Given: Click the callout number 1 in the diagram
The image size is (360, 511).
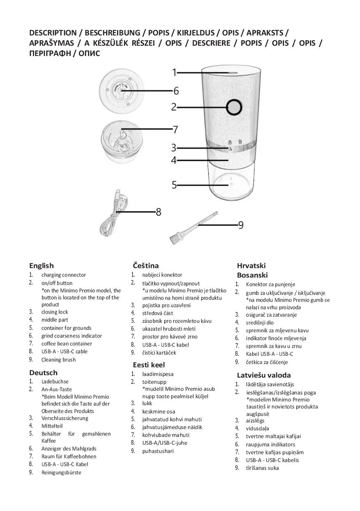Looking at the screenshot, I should coord(174,72).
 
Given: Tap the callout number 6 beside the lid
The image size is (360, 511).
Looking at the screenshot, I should coord(176,91).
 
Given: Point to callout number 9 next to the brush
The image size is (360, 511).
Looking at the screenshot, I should coord(241,225).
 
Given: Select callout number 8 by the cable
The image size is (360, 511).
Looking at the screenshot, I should coord(158,212).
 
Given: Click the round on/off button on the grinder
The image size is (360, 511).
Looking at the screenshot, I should coord(234,107).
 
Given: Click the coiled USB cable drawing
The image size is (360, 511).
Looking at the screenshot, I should coord(112,214).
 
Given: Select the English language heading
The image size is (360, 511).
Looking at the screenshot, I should coord(41,266).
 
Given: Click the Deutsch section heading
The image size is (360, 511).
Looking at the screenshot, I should coord(43,373).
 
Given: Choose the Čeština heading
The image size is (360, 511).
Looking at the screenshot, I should coord(146,266).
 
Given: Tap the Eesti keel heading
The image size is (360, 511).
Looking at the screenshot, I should coord(149,365).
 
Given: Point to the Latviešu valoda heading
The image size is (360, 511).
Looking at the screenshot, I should coord(264,375).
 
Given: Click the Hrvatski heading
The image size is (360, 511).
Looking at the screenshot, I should coord(251,266).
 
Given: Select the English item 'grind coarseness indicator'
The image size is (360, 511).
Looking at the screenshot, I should coord(71,336).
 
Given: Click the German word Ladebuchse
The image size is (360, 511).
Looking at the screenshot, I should coord(55,382).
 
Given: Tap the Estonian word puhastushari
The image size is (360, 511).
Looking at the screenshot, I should coord(158,451).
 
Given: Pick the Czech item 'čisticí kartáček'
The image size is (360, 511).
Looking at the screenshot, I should coord(159,352).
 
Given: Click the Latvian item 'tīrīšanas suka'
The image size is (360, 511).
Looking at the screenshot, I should coord(262,468).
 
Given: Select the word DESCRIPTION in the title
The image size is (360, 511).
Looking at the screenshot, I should coord(53,33).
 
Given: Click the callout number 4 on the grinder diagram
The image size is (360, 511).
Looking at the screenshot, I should coord(174,160).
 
